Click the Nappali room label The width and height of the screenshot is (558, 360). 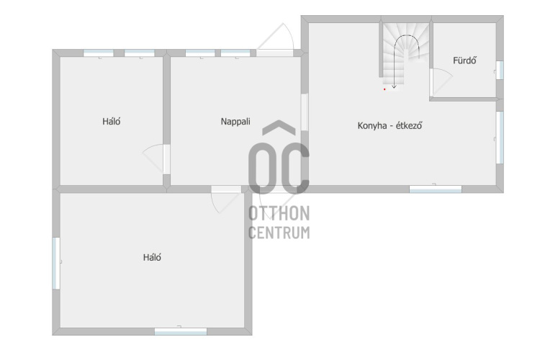[x=235, y=122]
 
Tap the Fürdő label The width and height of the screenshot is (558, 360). [x=464, y=60]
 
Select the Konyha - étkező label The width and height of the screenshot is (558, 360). [x=390, y=125]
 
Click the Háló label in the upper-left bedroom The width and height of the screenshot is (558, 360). [x=112, y=122]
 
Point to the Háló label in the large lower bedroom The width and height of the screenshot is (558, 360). [x=152, y=258]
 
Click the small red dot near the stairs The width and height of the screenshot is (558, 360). [x=384, y=89]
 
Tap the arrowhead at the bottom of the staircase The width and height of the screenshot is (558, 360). [x=394, y=86]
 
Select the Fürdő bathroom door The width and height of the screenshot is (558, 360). [x=441, y=82]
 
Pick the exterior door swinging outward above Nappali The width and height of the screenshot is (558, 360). [x=275, y=40]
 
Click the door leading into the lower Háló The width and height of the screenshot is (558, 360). [x=225, y=199]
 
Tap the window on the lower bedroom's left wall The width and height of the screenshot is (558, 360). [x=56, y=264]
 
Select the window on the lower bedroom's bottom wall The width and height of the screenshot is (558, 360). [x=181, y=331]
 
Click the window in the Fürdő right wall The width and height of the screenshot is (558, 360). [x=500, y=70]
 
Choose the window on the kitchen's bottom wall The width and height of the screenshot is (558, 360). [x=436, y=189]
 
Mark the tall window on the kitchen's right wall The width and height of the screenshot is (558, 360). [x=500, y=138]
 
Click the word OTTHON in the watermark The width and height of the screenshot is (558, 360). [x=279, y=213]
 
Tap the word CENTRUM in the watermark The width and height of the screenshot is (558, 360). [x=279, y=233]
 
